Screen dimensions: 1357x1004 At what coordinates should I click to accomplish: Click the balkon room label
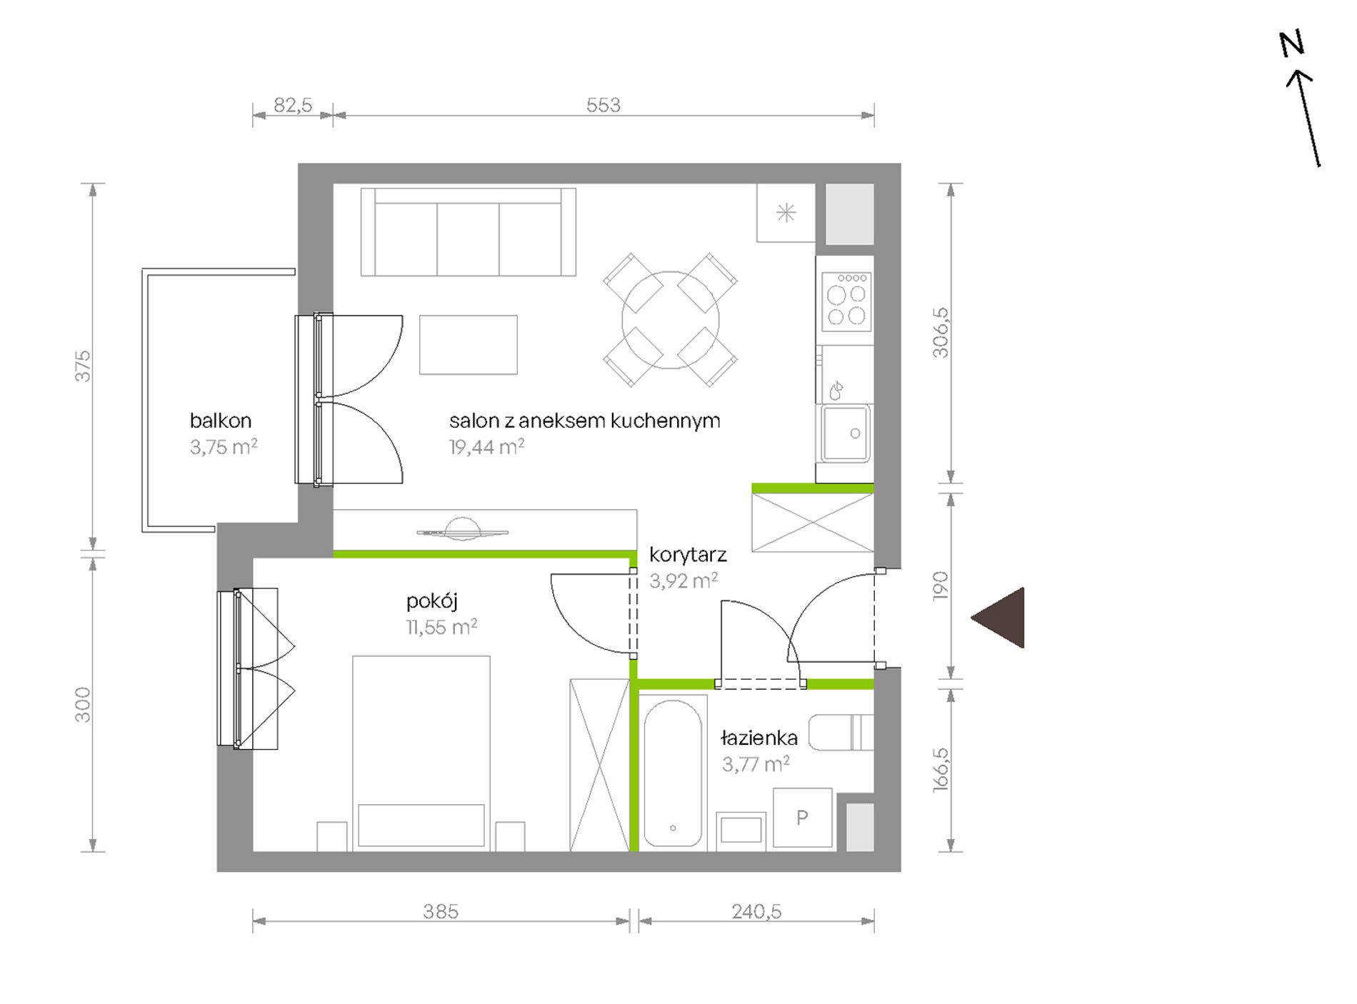coord(221,421)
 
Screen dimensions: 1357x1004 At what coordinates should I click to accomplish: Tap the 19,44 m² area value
coord(486,447)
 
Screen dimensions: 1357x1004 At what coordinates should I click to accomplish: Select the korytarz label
coord(688,555)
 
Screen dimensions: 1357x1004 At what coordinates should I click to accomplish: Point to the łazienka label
coord(758,738)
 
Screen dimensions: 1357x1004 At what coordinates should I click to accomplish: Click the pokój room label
coord(432,601)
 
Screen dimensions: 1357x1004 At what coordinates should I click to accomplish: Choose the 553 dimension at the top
coord(604,105)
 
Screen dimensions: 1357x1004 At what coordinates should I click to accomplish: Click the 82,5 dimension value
coord(293,105)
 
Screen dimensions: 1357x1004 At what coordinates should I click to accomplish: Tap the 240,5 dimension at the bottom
coord(756,911)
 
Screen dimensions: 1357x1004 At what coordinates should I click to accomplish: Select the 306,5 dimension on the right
coord(941,333)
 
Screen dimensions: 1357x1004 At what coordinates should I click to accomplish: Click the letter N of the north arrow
coord(1291,44)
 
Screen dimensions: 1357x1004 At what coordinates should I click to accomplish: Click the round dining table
coord(671,320)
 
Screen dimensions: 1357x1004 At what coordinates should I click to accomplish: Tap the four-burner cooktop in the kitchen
coord(846,301)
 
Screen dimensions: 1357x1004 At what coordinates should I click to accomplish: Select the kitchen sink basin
coord(846,433)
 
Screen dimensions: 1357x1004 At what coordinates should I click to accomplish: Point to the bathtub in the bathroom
coord(673,773)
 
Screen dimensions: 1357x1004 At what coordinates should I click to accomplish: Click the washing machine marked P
coord(803,818)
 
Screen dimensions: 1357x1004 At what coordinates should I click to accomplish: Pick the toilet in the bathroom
coord(841,732)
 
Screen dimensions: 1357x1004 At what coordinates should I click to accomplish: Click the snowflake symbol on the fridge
coord(786,213)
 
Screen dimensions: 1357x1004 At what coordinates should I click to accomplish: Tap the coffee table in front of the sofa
coord(469,345)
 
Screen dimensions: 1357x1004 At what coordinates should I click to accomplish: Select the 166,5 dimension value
coord(941,769)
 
